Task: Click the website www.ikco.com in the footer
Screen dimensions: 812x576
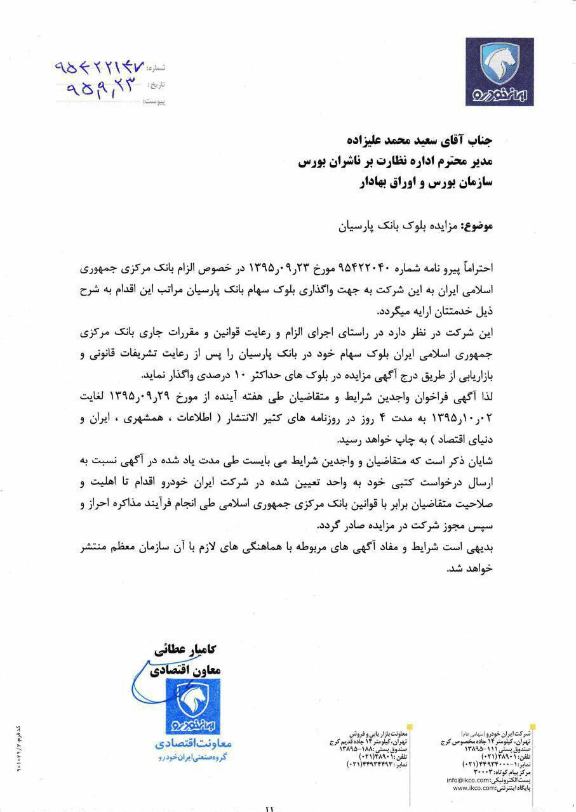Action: (x=474, y=787)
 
